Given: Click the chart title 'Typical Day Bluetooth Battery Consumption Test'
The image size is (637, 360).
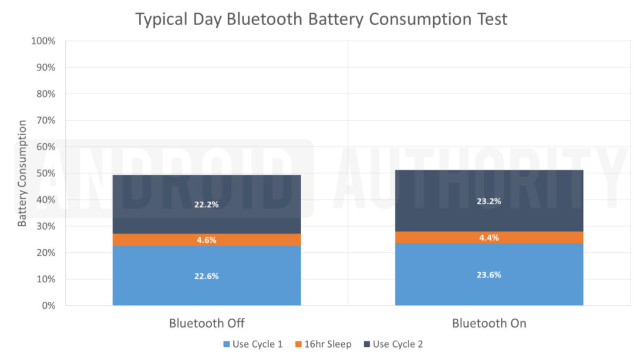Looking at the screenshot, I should coord(322,19).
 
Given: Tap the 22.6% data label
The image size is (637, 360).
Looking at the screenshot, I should coord(206,276).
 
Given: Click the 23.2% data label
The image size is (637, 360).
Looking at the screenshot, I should coord(489,202).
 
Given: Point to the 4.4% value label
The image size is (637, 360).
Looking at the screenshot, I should coord(489,237).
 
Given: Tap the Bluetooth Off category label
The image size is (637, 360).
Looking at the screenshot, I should coord(206,324).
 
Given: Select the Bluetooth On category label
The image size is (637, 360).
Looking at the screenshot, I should coord(489,324).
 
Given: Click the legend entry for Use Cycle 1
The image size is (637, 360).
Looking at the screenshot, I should coord(253,344).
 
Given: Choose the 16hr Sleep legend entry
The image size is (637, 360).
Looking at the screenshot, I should coord(324,344).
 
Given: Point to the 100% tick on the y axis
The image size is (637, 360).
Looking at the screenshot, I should coord(43,41).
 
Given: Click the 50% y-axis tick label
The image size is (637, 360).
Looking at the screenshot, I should coord(45,173).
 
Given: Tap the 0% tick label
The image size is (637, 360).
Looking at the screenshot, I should coord(48,306).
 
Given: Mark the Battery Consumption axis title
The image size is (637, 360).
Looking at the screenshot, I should coord(22,173).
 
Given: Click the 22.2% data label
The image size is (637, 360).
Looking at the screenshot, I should coord(206,205).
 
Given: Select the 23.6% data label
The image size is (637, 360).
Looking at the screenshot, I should coord(489,275).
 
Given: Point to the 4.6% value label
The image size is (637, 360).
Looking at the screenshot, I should coord(206,240).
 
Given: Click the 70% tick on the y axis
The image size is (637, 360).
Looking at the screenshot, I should coord(45,121).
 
